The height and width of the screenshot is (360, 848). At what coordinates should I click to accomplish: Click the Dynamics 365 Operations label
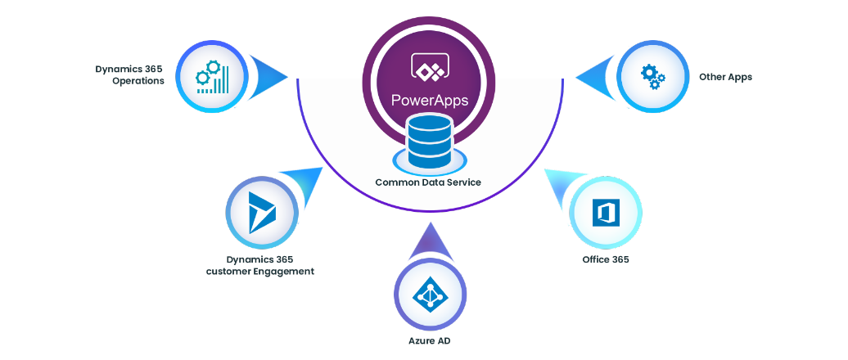coord(131,74)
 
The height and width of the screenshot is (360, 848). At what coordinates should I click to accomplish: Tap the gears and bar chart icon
coord(212,76)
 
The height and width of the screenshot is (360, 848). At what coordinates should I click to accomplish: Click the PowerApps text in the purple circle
coord(430,101)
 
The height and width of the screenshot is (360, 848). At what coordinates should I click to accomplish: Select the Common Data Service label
coord(428,182)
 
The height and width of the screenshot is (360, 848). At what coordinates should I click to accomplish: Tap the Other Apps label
coord(724,77)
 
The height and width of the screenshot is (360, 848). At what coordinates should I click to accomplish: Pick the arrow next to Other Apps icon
coord(595,77)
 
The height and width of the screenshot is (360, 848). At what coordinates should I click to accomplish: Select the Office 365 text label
coord(605,259)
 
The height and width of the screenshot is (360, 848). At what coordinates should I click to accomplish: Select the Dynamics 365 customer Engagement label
coord(259,265)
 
